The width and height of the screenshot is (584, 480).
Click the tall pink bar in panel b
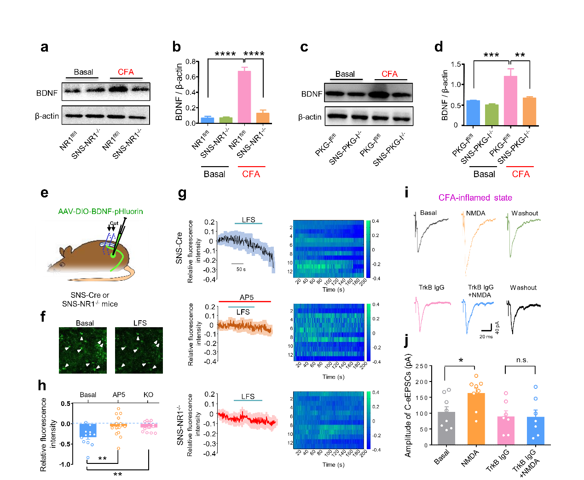[x=244, y=97]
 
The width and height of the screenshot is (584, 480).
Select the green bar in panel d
[x=491, y=115]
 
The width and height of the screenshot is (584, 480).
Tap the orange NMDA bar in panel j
[x=476, y=418]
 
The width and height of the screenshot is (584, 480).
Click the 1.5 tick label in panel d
[x=456, y=64]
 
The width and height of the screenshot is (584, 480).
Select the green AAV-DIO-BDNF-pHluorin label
[x=100, y=212]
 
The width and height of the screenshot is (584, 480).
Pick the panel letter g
[x=182, y=194]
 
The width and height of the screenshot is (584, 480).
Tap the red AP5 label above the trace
[x=247, y=297]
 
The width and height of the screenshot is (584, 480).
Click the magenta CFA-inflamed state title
[x=475, y=198]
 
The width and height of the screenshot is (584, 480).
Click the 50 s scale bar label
[x=241, y=269]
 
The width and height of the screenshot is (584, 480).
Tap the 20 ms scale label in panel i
[x=486, y=337]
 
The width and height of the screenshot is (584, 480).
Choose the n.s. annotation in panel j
[x=522, y=360]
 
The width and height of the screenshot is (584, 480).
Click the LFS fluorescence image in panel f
[x=139, y=350]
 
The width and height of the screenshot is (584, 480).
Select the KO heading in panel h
[x=148, y=395]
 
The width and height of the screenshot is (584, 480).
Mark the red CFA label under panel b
[x=251, y=174]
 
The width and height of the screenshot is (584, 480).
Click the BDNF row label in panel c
[x=312, y=94]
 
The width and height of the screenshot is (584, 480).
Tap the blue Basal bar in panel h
[x=87, y=430]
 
